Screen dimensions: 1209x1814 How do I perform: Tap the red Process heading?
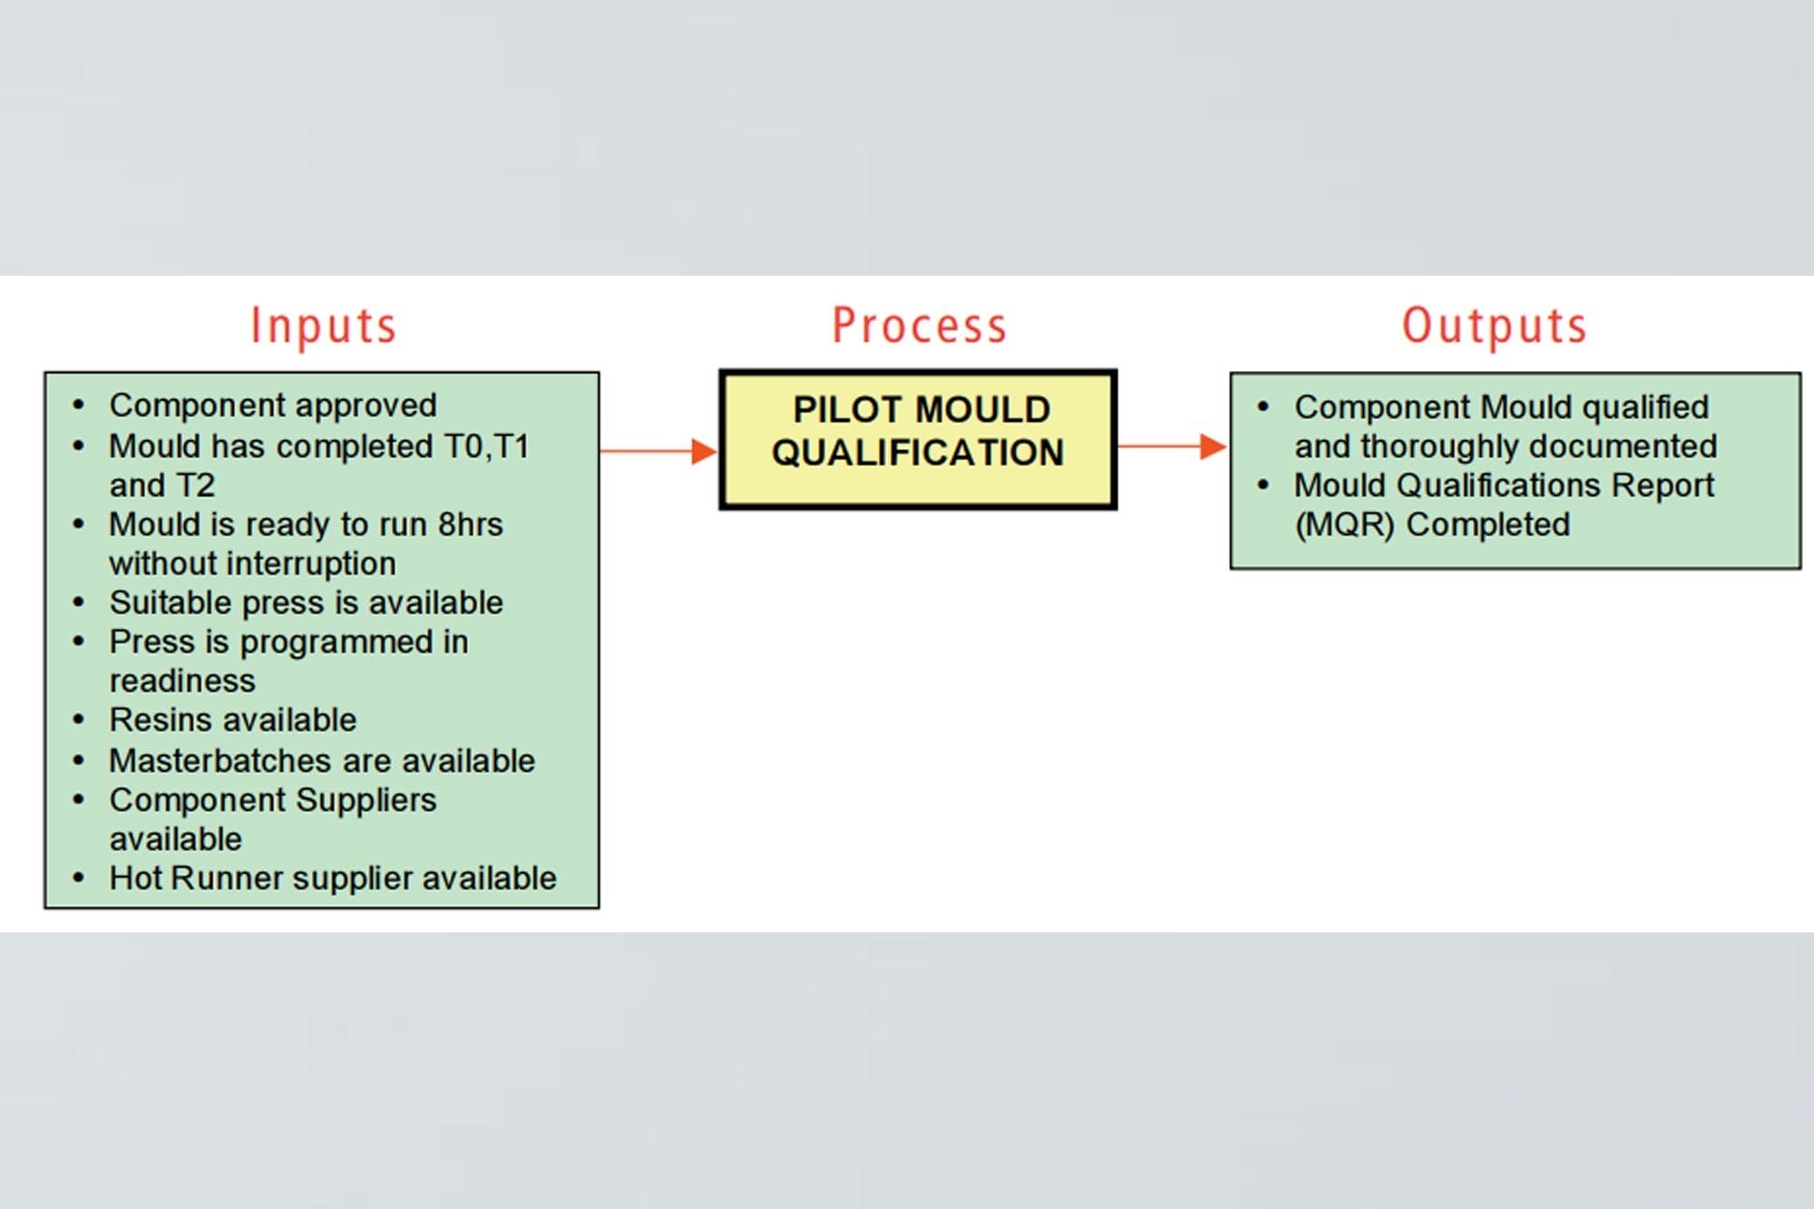(x=920, y=326)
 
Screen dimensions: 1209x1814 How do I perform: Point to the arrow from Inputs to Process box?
(x=658, y=451)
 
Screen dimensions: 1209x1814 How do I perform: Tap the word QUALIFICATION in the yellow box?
(x=918, y=453)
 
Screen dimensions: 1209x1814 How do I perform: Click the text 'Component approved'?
(x=273, y=405)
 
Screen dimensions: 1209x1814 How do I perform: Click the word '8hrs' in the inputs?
(x=470, y=524)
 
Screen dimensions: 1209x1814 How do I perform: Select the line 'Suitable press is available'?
(x=306, y=602)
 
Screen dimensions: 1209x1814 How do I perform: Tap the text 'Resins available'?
(x=233, y=720)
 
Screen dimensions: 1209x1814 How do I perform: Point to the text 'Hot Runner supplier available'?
(x=333, y=878)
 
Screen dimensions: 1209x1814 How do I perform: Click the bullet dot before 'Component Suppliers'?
(x=79, y=800)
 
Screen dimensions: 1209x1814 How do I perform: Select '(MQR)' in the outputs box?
(x=1344, y=524)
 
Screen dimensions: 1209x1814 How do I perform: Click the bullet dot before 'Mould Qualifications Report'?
(x=1263, y=485)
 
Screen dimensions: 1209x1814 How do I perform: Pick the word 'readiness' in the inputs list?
(x=182, y=681)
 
